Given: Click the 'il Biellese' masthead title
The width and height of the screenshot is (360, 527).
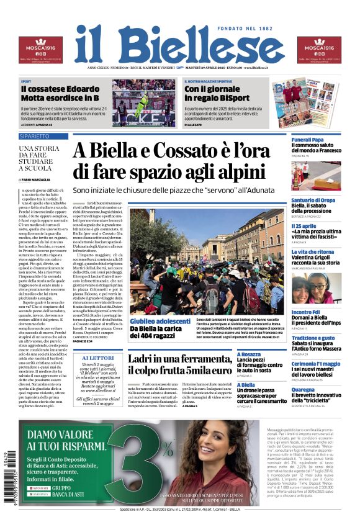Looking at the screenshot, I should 180,45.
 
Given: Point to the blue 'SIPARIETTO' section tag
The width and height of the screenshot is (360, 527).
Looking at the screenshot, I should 35,135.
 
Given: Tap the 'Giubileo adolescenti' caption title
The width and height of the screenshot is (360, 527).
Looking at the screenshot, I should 160,321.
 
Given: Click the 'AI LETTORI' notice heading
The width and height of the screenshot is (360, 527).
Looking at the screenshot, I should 98,359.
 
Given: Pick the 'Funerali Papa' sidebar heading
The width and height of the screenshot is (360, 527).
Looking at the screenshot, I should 308,140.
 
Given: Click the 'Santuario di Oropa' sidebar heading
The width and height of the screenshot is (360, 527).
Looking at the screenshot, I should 313,200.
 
